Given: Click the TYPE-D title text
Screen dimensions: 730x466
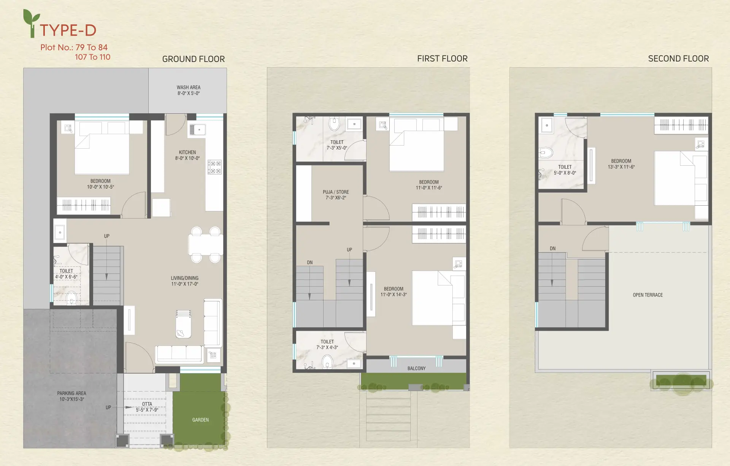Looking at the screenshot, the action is tap(68, 30).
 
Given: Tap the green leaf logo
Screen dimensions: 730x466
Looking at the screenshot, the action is tap(31, 23).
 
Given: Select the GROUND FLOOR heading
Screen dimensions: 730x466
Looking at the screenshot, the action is tap(194, 59).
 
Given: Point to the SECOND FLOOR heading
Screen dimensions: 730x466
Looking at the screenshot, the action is tap(678, 59).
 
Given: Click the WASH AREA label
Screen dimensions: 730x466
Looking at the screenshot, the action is tap(189, 87).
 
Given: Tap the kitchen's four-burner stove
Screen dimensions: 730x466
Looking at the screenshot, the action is tap(214, 167).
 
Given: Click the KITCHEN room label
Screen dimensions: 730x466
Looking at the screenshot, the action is tap(187, 152).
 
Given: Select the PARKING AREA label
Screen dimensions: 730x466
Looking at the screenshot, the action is tap(71, 393).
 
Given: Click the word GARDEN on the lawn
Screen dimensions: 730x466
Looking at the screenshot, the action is tap(200, 420).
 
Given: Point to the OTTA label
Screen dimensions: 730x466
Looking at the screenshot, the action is tap(147, 404).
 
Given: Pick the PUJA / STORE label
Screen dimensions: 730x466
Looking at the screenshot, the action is tap(336, 192).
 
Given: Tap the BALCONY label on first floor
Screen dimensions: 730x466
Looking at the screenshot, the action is tap(416, 368).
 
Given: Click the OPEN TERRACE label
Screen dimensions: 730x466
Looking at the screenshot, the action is tap(647, 295).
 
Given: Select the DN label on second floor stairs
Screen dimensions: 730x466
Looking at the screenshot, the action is tap(552, 249).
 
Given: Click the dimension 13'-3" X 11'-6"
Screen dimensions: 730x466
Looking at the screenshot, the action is tap(621, 167).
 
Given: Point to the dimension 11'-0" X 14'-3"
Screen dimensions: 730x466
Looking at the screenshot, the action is tap(394, 295).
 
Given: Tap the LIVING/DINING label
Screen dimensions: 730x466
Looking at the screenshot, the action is tap(184, 278).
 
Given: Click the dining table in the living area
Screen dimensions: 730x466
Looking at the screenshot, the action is tap(205, 245).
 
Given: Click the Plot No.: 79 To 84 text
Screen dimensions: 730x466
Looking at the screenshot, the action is tap(74, 48).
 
